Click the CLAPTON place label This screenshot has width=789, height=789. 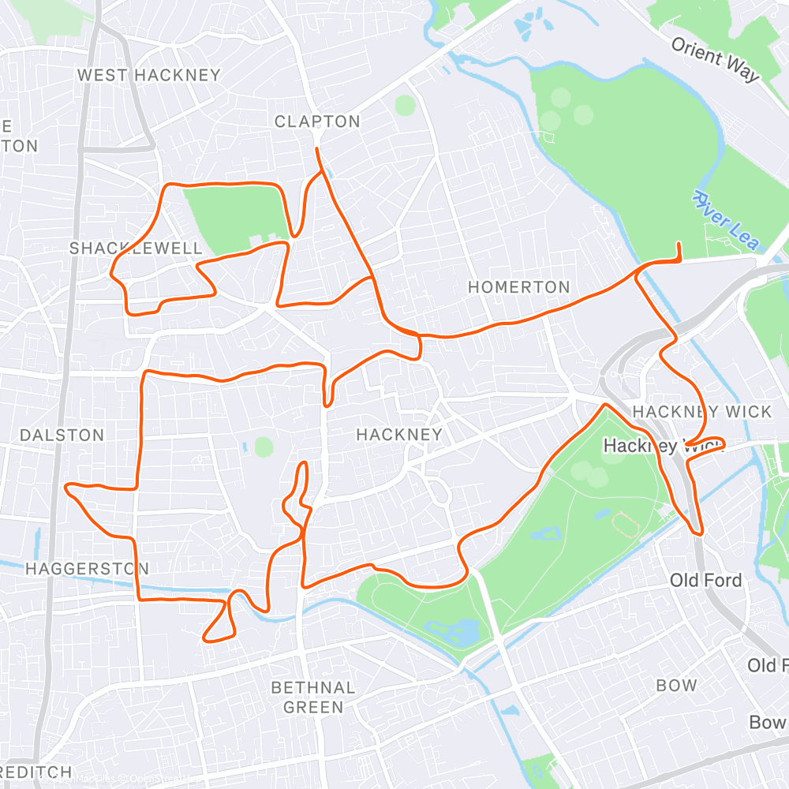pyautogui.click(x=317, y=122)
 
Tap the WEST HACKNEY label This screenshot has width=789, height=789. pyautogui.click(x=149, y=76)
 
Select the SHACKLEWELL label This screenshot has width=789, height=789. pyautogui.click(x=136, y=249)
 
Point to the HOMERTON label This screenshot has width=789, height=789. pyautogui.click(x=518, y=287)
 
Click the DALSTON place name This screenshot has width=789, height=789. pyautogui.click(x=62, y=436)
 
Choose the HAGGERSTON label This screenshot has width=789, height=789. pyautogui.click(x=87, y=569)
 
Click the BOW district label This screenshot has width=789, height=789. pyautogui.click(x=676, y=686)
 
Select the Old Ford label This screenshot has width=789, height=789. pyautogui.click(x=705, y=581)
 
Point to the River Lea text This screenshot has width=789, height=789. pyautogui.click(x=725, y=219)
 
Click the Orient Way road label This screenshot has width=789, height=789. pyautogui.click(x=715, y=58)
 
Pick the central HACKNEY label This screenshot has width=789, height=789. pyautogui.click(x=399, y=435)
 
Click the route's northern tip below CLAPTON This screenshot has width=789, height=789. pyautogui.click(x=317, y=148)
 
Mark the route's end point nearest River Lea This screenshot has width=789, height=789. pyautogui.click(x=679, y=245)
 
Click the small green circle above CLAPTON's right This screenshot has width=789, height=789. pyautogui.click(x=405, y=105)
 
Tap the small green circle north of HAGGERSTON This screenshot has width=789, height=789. pyautogui.click(x=264, y=447)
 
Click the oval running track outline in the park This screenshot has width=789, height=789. pyautogui.click(x=624, y=522)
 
